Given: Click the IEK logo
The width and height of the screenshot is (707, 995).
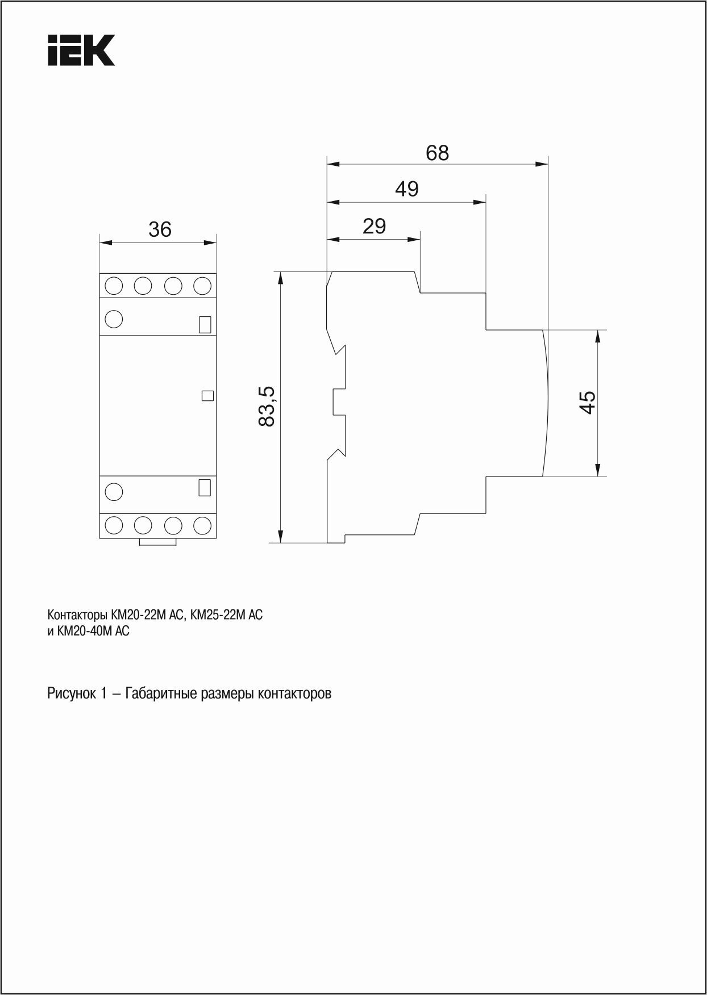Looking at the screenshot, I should tap(81, 51).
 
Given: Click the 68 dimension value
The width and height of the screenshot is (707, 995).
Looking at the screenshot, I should tap(437, 153).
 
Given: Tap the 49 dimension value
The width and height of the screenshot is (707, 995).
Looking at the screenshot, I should tap(407, 189).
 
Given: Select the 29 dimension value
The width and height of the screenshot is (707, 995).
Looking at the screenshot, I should tap(374, 226).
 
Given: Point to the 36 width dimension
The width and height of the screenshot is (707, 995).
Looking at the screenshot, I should tap(160, 229).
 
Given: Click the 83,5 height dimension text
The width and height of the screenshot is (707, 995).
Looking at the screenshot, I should tap(267, 406).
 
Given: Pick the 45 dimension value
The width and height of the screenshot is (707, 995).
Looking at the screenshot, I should tap(588, 403).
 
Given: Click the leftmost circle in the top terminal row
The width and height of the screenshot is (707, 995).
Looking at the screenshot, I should tap(114, 285).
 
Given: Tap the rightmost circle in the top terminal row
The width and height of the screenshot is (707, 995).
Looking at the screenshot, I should tap(202, 285).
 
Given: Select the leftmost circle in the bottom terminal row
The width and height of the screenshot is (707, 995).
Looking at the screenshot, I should tap(114, 525).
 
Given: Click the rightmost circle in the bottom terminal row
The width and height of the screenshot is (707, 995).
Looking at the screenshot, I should tap(202, 525).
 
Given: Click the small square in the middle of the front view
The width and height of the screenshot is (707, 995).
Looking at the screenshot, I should tap(207, 396).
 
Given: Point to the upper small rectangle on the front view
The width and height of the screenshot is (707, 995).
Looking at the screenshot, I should tap(205, 324).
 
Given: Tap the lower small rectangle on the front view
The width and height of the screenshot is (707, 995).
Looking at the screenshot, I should tap(205, 487).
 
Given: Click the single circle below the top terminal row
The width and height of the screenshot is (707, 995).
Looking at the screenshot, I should tap(114, 319).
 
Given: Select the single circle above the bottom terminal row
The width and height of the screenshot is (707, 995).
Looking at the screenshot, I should tap(114, 491).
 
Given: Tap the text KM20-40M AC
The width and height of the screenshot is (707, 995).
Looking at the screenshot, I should tap(93, 632).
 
